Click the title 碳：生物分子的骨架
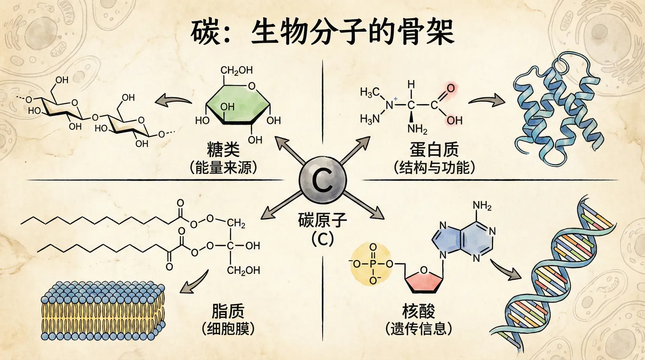tap(322, 33)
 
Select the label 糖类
tap(223, 150)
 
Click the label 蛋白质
tap(434, 150)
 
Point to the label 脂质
tap(228, 311)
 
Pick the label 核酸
tap(419, 311)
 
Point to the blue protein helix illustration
tap(558, 111)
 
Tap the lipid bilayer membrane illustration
tap(102, 311)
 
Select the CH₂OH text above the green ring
tap(236, 71)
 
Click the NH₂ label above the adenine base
tap(482, 206)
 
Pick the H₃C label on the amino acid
tap(370, 92)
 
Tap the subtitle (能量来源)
tap(223, 167)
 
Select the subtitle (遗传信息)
tap(419, 328)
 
